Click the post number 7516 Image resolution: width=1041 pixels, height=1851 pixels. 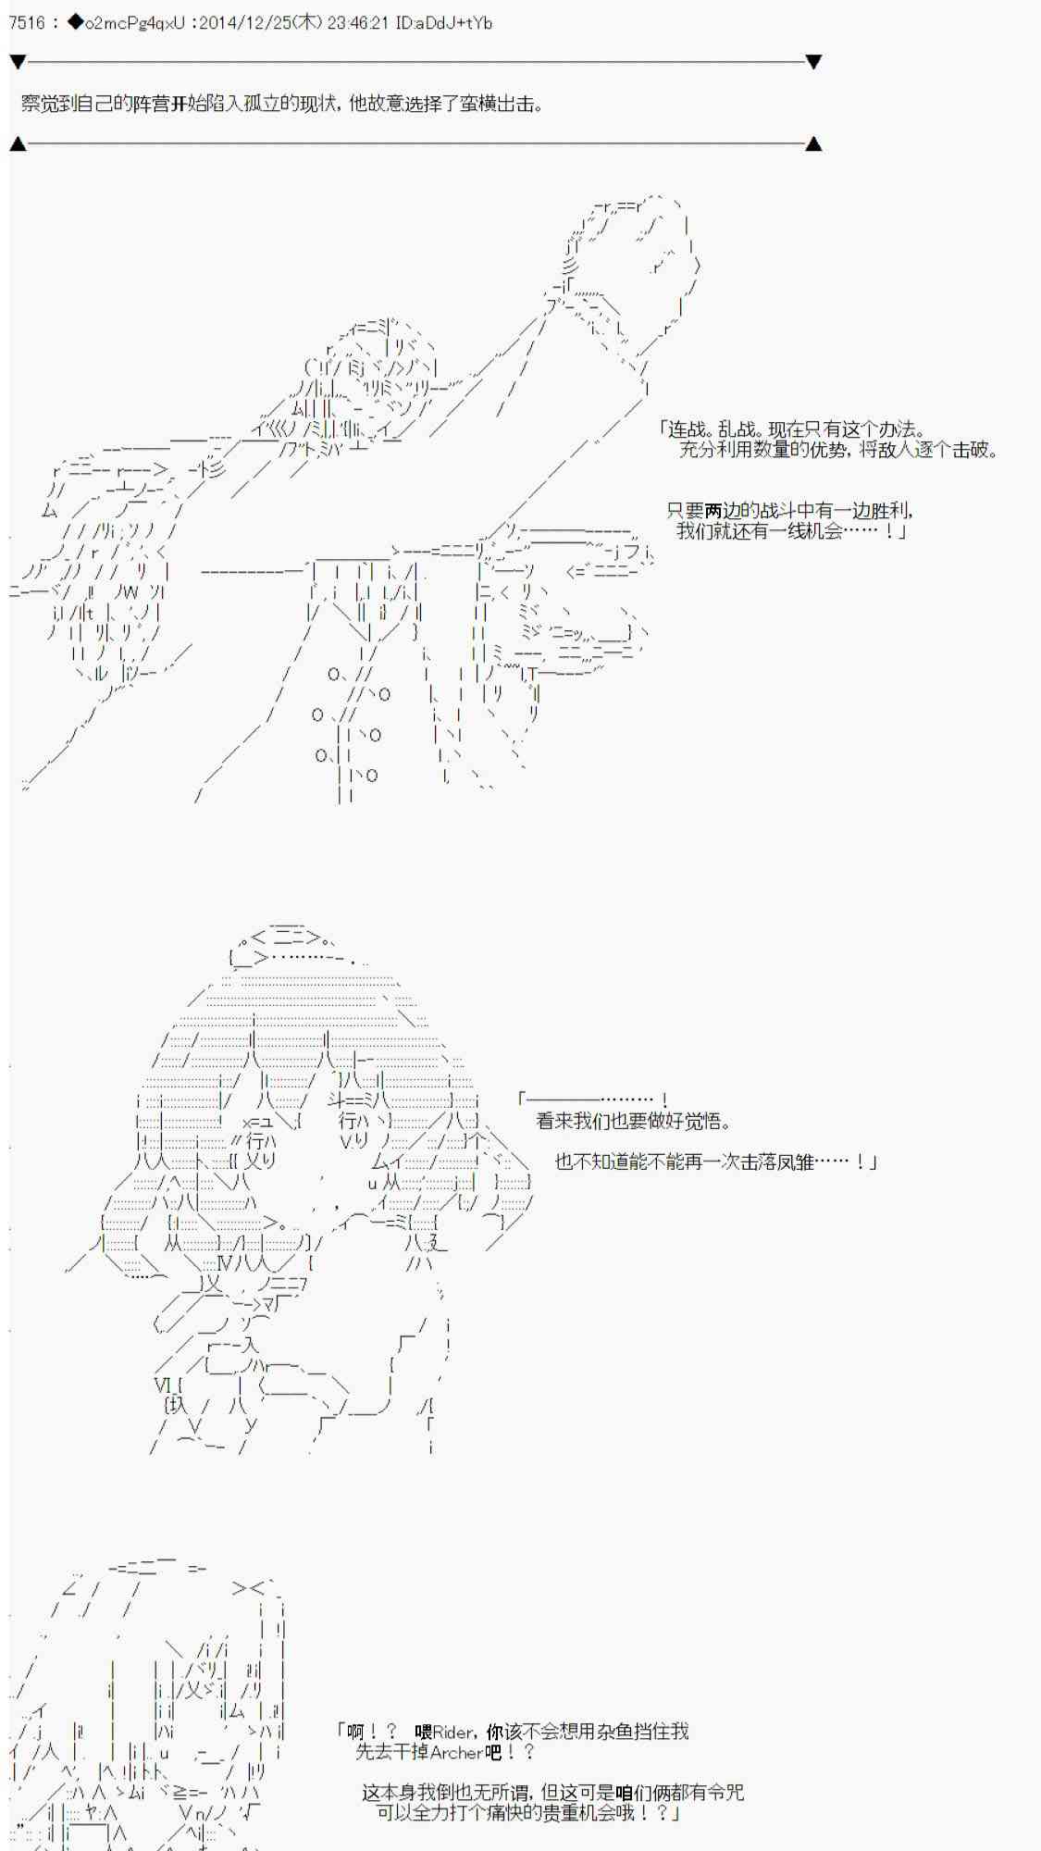point(26,23)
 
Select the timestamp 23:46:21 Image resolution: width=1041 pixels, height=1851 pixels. point(357,23)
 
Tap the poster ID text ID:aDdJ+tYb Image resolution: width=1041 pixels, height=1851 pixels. point(442,23)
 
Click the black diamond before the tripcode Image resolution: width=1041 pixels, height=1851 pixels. point(75,23)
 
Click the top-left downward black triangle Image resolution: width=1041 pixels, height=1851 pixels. point(18,62)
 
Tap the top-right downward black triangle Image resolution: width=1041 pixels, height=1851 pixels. point(813,62)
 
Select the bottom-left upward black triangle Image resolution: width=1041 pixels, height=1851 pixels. point(18,143)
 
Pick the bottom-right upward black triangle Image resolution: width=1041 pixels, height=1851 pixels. point(813,143)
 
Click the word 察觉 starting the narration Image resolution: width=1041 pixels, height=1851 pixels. point(41,104)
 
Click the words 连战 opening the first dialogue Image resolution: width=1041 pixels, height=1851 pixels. point(688,429)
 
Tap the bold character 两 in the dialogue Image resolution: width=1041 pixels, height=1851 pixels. point(714,511)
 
